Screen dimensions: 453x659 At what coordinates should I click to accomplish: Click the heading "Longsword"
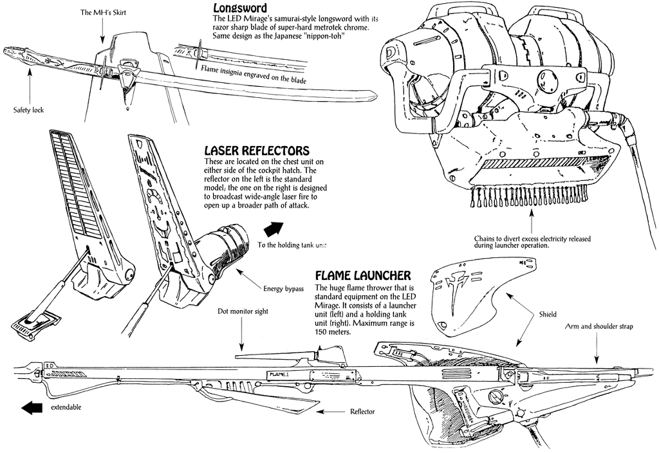pyautogui.click(x=241, y=8)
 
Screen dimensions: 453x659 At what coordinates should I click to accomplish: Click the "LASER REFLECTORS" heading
pyautogui.click(x=256, y=151)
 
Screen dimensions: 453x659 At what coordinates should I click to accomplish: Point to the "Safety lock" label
pyautogui.click(x=28, y=110)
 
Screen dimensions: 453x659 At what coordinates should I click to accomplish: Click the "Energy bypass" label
pyautogui.click(x=284, y=288)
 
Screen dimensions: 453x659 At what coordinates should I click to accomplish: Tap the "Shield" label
pyautogui.click(x=548, y=315)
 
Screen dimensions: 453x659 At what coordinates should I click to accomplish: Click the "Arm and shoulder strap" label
pyautogui.click(x=599, y=327)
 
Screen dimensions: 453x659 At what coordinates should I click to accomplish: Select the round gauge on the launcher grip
pyautogui.click(x=495, y=396)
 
